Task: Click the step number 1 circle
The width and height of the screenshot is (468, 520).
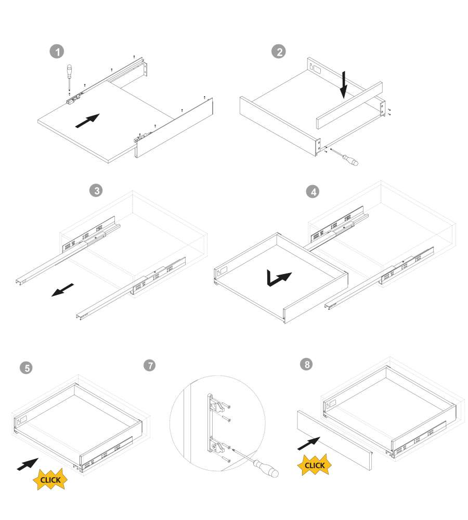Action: click(57, 51)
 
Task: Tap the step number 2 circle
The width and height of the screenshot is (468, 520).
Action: click(279, 51)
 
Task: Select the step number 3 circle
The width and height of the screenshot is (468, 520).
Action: click(96, 190)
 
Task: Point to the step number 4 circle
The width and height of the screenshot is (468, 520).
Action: click(313, 191)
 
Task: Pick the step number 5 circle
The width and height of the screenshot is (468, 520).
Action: click(26, 368)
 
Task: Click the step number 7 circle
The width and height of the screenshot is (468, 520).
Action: click(150, 365)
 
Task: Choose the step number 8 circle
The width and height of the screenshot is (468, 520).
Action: click(306, 364)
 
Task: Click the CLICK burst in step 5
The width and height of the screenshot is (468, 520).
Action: click(50, 479)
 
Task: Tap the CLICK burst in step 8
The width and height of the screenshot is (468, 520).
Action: click(315, 465)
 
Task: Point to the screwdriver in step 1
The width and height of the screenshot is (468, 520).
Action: click(69, 77)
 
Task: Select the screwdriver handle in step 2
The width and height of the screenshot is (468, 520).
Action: click(350, 160)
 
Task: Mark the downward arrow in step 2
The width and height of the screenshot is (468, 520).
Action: click(344, 85)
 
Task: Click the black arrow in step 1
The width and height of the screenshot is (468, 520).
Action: click(87, 121)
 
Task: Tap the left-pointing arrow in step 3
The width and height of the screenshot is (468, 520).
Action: click(62, 290)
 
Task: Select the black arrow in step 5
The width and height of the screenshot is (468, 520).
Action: click(28, 464)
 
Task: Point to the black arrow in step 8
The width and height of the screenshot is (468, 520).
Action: click(309, 444)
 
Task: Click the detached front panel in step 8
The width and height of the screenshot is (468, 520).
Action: click(334, 440)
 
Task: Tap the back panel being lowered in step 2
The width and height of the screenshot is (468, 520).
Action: click(349, 105)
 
